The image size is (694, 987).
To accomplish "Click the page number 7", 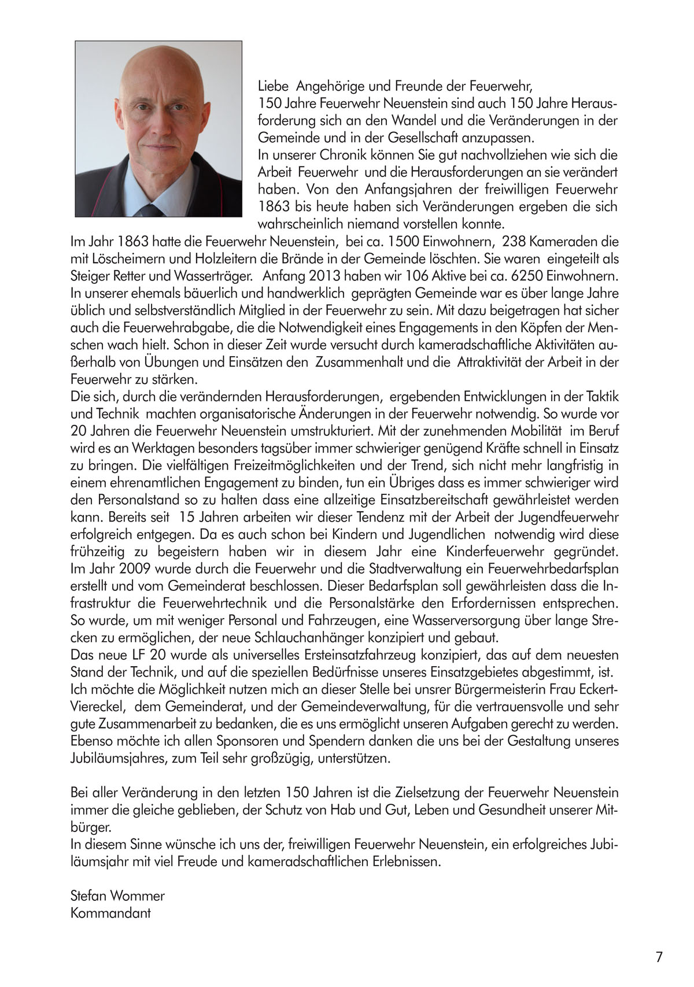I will coord(659,957).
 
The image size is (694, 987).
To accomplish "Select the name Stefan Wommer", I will coord(117,896).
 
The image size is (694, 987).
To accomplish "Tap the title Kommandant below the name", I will coord(110,914).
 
